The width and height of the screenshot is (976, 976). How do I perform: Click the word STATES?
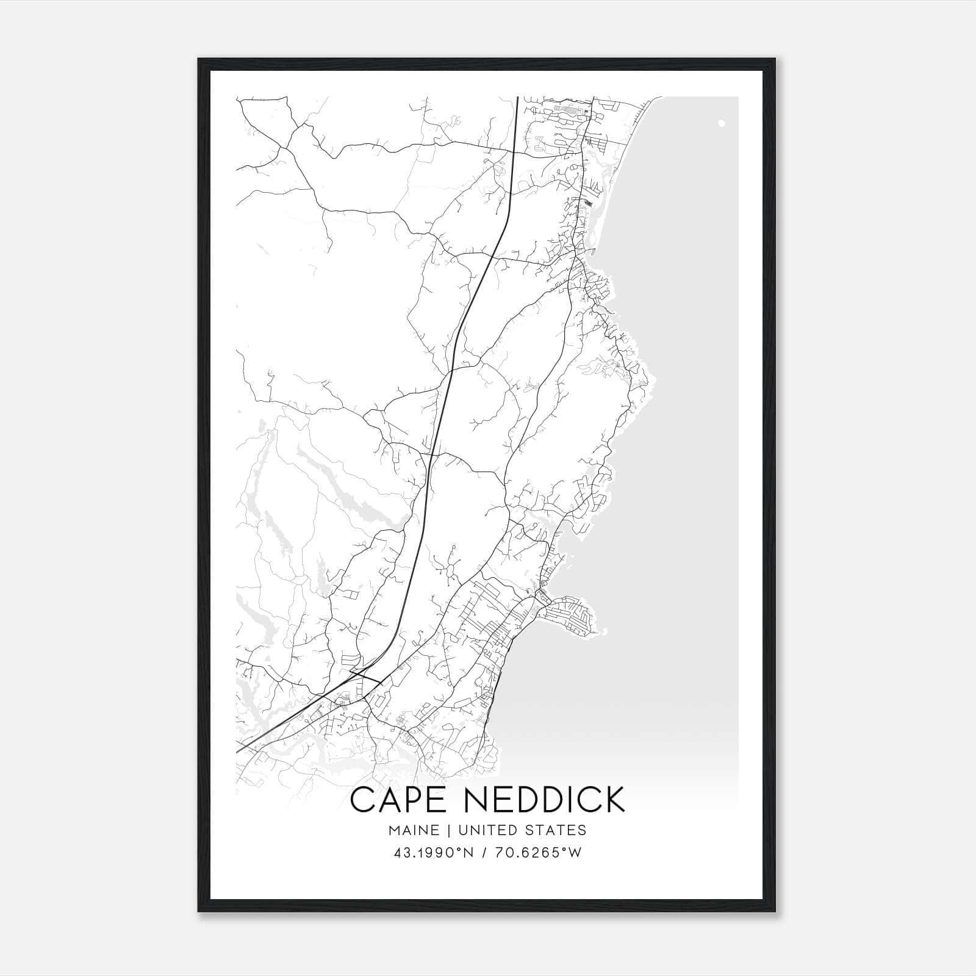pos(557,830)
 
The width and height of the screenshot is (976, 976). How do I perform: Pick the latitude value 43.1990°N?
pos(434,853)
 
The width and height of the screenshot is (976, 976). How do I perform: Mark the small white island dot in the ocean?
pos(722,123)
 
